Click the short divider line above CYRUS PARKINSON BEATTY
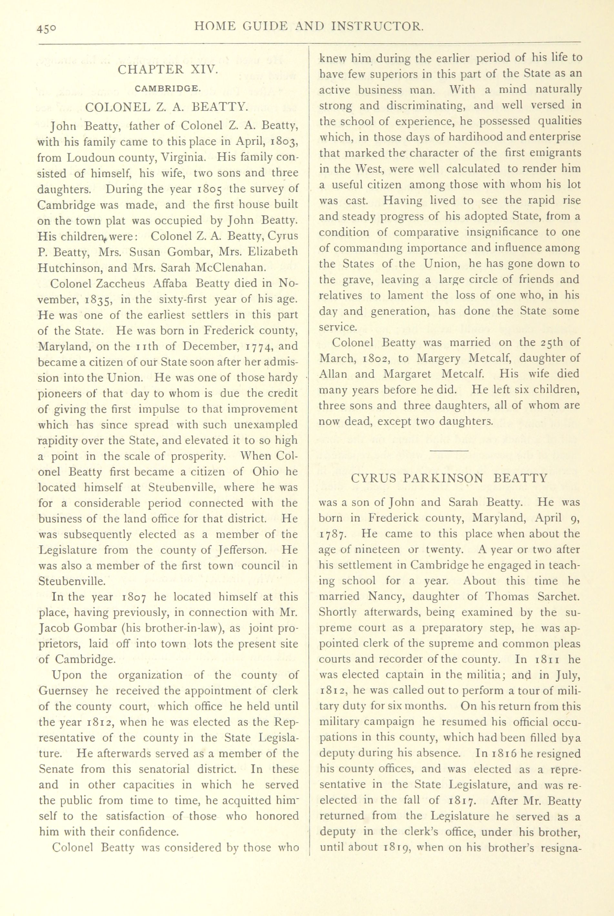(x=449, y=451)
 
